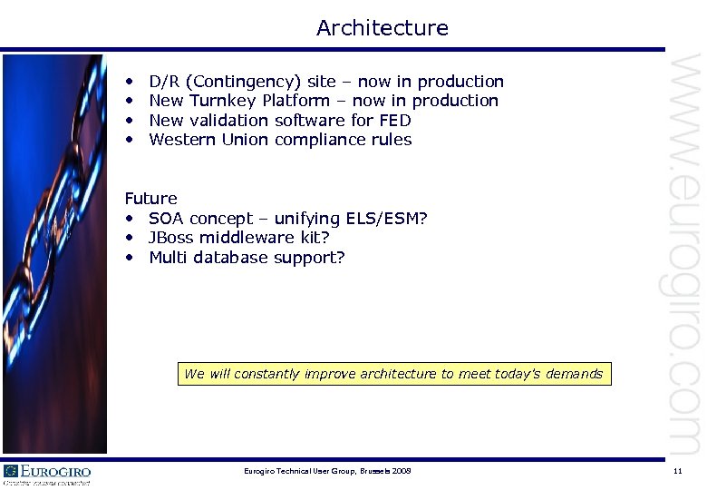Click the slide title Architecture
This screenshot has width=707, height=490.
382,28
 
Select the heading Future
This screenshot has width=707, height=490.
150,198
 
